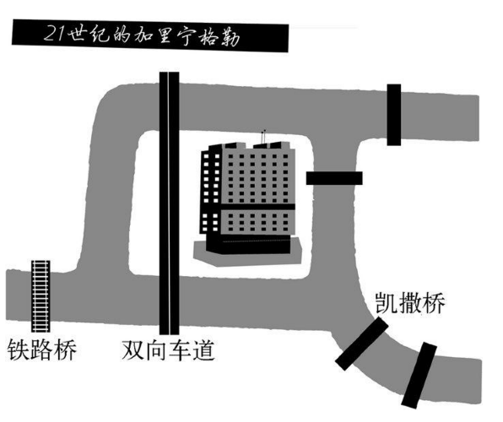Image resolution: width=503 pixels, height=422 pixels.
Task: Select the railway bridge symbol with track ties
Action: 41,296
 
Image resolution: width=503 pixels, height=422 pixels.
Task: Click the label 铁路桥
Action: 42,349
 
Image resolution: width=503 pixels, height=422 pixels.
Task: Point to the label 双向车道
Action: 168,349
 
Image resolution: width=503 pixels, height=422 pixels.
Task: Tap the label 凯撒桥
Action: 410,303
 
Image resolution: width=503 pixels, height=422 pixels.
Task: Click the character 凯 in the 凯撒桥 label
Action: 387,303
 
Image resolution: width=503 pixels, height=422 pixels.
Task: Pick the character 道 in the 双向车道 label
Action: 203,349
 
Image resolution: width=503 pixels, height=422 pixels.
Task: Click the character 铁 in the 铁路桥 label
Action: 19,349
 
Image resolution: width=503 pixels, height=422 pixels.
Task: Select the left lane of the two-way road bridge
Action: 164,203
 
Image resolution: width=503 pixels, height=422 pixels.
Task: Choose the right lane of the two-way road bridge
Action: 175,203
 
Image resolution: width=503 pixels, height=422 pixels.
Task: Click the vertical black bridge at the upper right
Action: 394,115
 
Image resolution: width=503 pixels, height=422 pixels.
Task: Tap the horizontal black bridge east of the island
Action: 334,178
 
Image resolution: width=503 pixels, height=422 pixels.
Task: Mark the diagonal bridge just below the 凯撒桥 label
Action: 362,344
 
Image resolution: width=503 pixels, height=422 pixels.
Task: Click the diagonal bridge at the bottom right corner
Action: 419,375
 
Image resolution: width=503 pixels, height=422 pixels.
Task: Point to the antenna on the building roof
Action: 263,137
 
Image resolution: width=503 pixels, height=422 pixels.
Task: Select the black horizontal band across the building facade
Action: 258,206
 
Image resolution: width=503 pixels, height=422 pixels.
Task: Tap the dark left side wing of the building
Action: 211,192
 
